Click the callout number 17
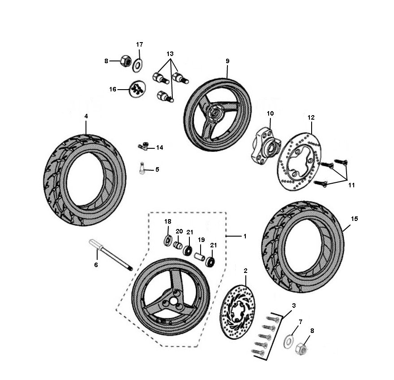click(x=139, y=44)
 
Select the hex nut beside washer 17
click(x=126, y=61)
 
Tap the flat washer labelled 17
click(x=137, y=64)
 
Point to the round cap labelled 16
click(x=137, y=89)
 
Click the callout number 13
click(x=170, y=54)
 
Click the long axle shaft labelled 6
click(x=110, y=255)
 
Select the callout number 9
click(x=227, y=60)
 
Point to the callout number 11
click(x=351, y=185)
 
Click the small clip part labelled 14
click(x=143, y=146)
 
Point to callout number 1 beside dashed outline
click(x=245, y=236)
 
